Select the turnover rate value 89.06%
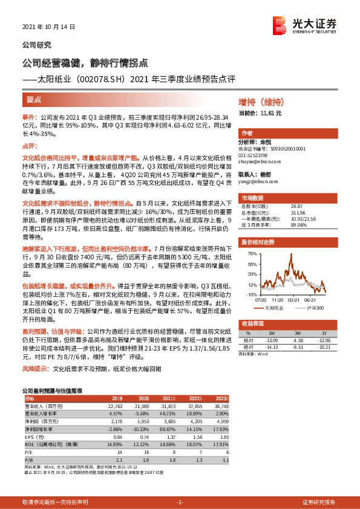pos(298,224)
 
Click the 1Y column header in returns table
pos(324,333)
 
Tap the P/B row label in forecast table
pos(29,459)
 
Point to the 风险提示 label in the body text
pos(35,368)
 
